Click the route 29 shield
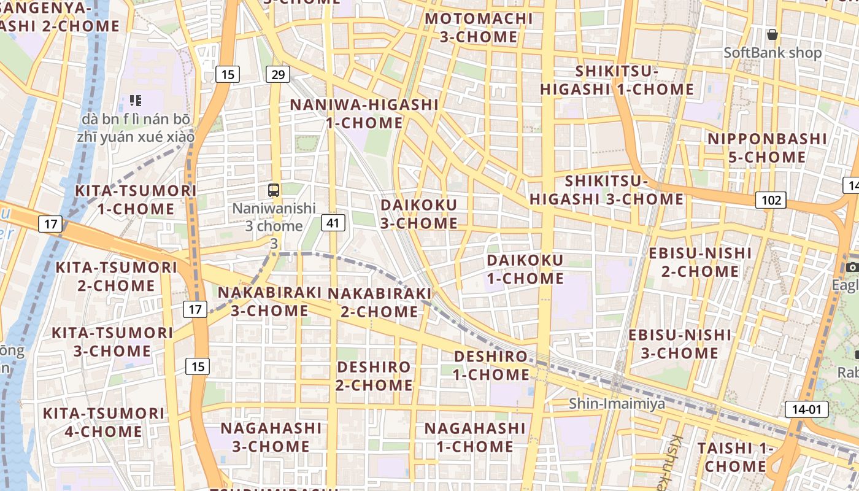pos(278,75)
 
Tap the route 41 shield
pos(333,223)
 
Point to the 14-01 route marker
pos(806,409)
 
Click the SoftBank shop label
pos(772,53)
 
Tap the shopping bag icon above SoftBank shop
pos(772,34)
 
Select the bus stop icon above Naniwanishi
pos(274,190)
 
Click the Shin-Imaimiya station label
pos(617,403)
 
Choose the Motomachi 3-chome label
pos(479,28)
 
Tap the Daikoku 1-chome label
pos(525,269)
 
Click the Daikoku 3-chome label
pos(419,214)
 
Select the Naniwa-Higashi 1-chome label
pos(364,114)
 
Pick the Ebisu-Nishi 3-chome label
pos(680,344)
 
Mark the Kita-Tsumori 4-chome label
pos(103,422)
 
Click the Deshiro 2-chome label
pos(374,376)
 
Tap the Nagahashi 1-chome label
pos(475,437)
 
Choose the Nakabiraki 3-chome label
pos(270,301)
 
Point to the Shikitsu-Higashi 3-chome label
pos(606,190)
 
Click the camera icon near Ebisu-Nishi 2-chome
pos(852,267)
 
